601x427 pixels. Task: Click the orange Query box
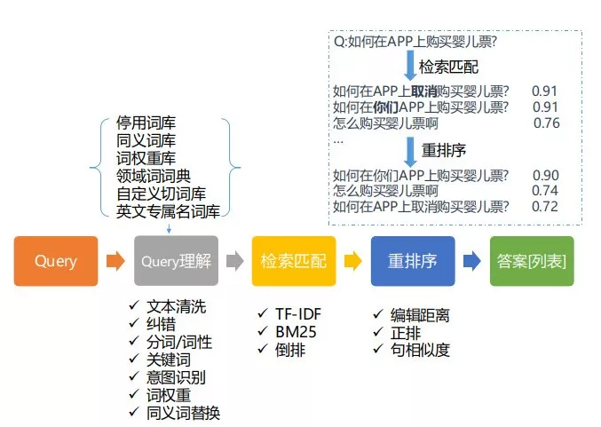pos(56,261)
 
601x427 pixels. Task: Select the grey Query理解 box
pos(176,261)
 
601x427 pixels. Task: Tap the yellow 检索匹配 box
pos(293,261)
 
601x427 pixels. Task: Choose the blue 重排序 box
pos(412,261)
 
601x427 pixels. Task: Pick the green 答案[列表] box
pos(532,261)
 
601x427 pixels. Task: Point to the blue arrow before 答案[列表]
pos(472,261)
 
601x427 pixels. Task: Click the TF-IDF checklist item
pos(294,313)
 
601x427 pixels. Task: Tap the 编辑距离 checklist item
pos(420,313)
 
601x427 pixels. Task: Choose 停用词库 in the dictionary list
pos(147,123)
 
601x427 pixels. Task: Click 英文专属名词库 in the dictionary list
pos(168,211)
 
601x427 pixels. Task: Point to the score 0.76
pos(547,123)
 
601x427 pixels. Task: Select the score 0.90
pos(545,175)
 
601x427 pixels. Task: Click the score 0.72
pos(545,207)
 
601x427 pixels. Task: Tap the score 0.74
pos(545,191)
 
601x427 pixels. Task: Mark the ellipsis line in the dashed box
pos(338,139)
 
